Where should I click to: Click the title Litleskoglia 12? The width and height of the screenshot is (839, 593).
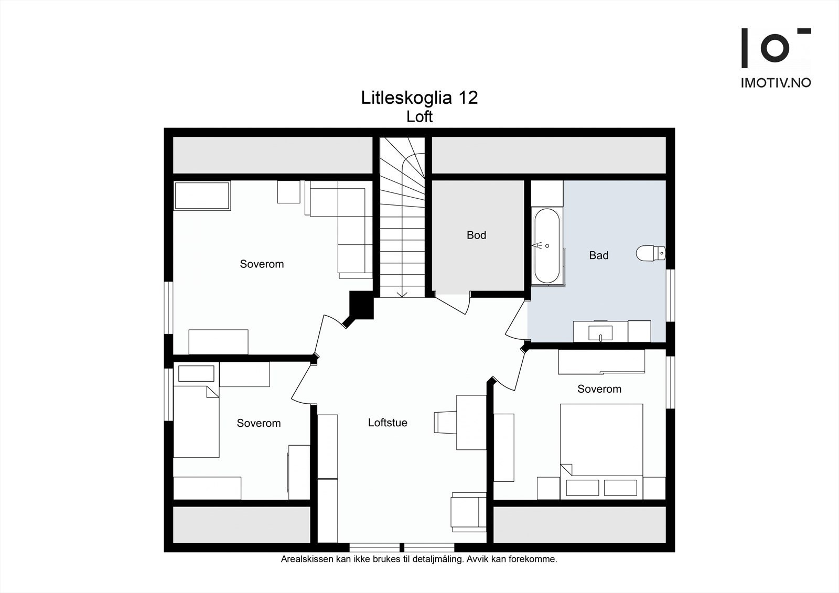tap(419, 98)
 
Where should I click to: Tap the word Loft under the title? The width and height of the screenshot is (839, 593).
tap(419, 116)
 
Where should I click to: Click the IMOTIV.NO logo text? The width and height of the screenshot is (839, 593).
tap(776, 83)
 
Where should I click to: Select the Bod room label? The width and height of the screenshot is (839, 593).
tap(476, 235)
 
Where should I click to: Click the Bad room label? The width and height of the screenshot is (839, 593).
tap(598, 255)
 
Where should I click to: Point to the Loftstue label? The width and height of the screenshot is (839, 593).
tap(388, 423)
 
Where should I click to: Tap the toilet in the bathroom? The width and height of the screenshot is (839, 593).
tap(650, 253)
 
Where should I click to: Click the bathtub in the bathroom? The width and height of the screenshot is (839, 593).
tap(546, 246)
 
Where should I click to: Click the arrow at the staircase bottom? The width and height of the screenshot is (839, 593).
tap(402, 293)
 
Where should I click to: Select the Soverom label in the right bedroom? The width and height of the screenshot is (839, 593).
tap(599, 389)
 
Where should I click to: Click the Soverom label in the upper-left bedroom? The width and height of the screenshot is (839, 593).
tap(262, 264)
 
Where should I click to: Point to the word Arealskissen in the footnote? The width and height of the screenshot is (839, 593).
tap(307, 559)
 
